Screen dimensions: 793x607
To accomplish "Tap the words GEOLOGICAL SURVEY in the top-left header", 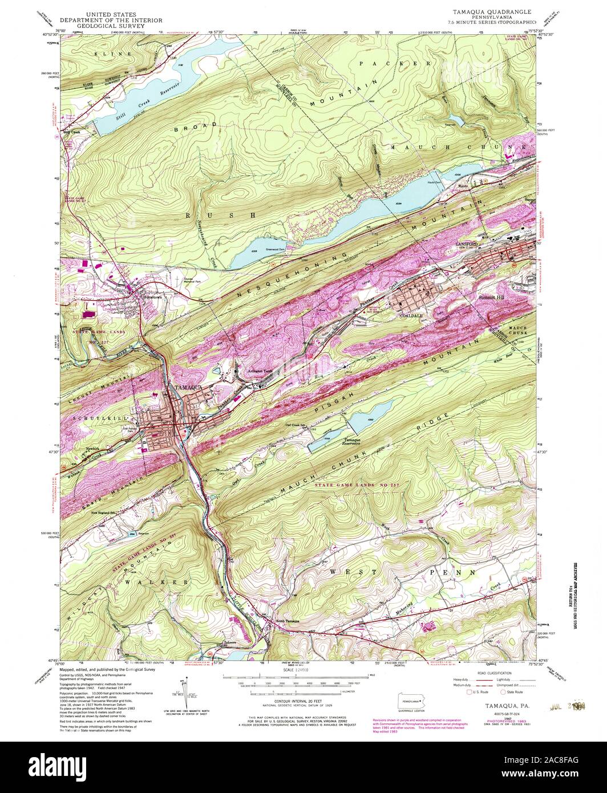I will point(108,25).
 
